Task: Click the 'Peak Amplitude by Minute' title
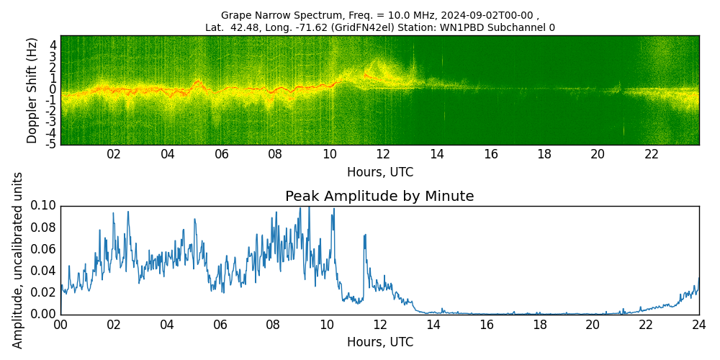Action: click(x=379, y=197)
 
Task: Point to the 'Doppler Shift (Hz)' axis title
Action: click(x=32, y=90)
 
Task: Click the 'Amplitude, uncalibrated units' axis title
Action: click(x=18, y=260)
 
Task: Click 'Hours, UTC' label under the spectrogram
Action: click(x=379, y=172)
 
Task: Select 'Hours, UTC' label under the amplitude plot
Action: click(x=379, y=342)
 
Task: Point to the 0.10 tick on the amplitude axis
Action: click(x=44, y=206)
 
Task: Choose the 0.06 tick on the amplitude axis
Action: click(x=44, y=249)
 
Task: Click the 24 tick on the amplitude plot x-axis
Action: click(x=698, y=325)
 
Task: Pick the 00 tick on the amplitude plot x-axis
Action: click(x=60, y=325)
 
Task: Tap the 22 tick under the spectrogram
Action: click(x=652, y=155)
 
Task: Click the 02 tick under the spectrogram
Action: click(x=114, y=155)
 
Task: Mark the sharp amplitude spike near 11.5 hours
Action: click(x=365, y=235)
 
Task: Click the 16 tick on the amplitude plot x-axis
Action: click(x=486, y=325)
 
